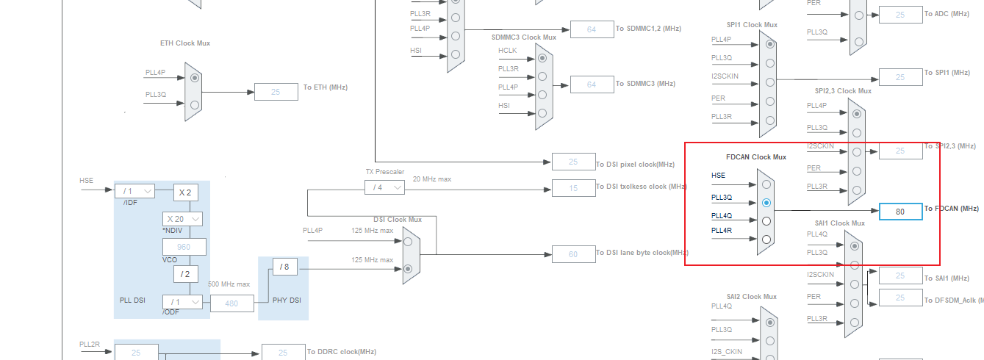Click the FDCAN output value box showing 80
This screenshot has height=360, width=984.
point(900,212)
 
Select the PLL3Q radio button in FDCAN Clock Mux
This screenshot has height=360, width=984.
point(766,203)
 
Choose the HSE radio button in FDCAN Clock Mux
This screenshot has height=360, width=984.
point(766,184)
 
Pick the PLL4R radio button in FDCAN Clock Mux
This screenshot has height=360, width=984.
point(766,240)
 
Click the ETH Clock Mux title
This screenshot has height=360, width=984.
point(185,43)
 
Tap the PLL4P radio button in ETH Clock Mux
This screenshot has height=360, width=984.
point(194,77)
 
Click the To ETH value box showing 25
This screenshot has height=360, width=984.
point(276,92)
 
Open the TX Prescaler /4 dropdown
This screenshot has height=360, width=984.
point(384,187)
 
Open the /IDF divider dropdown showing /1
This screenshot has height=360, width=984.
point(134,191)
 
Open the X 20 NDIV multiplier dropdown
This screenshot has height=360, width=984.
point(182,219)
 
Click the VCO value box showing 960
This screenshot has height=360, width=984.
point(184,247)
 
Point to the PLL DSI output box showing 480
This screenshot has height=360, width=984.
point(232,303)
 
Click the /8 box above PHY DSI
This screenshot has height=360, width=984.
point(285,266)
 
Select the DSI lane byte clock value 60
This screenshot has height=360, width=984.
point(573,255)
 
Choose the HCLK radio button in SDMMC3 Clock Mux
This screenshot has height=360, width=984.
point(542,57)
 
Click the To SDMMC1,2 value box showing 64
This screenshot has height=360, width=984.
point(592,29)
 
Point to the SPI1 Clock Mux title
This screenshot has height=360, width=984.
point(752,25)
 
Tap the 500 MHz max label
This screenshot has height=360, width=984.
point(230,284)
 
